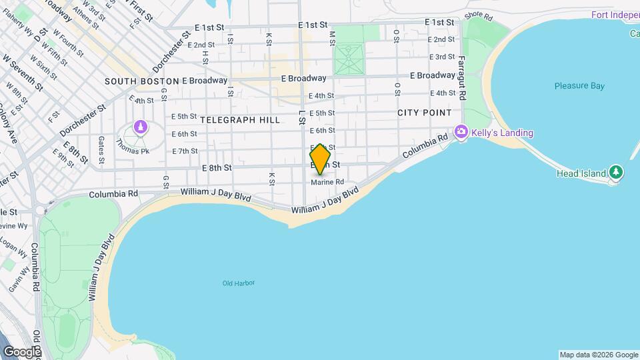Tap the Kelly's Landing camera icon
tap(461, 133)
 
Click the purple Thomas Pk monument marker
tap(140, 126)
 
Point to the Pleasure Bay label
tap(579, 86)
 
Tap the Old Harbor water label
tap(239, 283)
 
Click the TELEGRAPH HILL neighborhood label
tap(239, 119)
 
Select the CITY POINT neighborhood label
tap(425, 113)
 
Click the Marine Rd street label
tap(327, 182)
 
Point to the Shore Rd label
tap(477, 14)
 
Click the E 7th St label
tap(185, 151)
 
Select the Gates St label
tap(101, 150)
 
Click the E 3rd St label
tap(442, 57)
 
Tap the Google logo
tap(22, 351)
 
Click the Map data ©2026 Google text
tap(598, 355)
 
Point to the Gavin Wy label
tap(16, 280)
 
